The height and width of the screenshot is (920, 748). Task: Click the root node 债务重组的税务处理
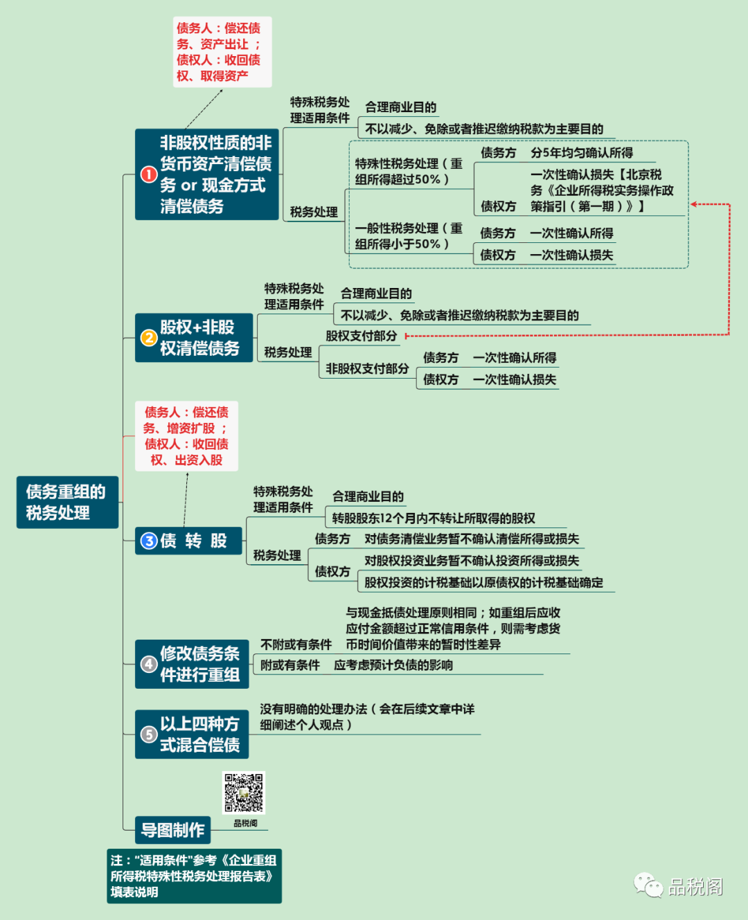click(67, 502)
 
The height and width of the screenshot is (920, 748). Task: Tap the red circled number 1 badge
click(148, 174)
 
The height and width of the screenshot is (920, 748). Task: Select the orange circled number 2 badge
click(148, 338)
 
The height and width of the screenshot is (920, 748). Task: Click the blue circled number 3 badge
click(149, 541)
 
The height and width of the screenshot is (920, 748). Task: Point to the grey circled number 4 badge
click(149, 664)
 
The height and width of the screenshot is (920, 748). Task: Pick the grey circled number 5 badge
click(149, 734)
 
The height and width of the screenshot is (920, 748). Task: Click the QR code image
click(244, 793)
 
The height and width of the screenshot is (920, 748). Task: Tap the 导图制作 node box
click(172, 829)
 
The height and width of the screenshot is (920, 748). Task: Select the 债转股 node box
click(188, 541)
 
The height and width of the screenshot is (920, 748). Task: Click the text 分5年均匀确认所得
click(581, 153)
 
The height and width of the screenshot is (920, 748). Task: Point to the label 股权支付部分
click(361, 336)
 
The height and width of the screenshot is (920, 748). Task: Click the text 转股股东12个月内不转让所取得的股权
click(434, 518)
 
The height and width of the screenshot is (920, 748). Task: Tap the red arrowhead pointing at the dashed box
click(694, 204)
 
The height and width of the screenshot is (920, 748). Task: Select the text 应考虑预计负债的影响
click(393, 665)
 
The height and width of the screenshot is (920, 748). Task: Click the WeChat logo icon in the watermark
click(648, 885)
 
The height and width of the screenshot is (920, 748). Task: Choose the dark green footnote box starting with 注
click(194, 876)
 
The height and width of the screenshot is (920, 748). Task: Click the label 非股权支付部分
click(367, 368)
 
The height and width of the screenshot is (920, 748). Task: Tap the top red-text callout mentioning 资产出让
click(222, 52)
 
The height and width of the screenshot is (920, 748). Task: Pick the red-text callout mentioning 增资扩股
click(186, 436)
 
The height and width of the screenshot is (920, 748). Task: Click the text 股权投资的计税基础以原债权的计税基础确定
click(483, 583)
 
